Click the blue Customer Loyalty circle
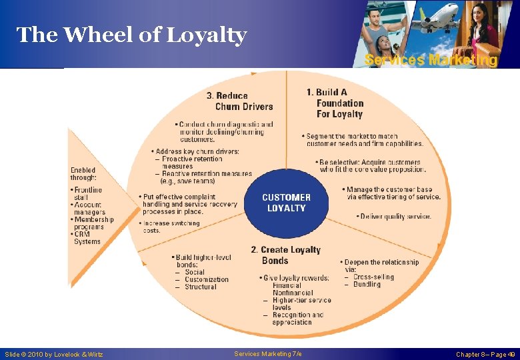coord(286,203)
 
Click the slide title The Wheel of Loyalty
coord(131,35)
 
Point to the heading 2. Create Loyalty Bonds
coord(285,255)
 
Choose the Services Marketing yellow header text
coord(431,60)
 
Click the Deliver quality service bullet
coord(394,216)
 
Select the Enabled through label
coord(83,174)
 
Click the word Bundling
coord(366,285)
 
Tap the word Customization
coord(206,279)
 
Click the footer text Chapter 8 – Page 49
coord(485,355)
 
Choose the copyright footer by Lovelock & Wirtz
coord(54,355)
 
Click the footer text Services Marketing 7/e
coord(268,354)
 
